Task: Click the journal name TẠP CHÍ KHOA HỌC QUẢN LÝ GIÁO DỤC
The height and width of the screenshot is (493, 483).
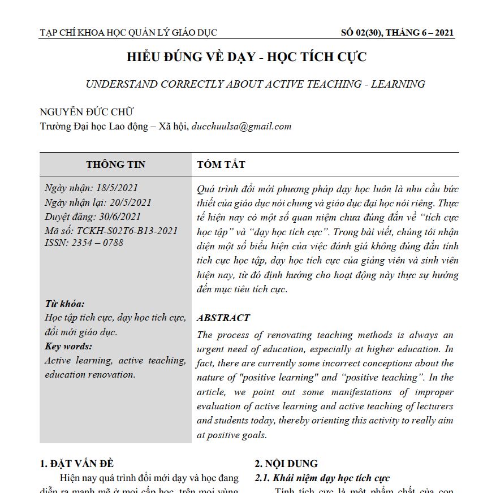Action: (x=128, y=33)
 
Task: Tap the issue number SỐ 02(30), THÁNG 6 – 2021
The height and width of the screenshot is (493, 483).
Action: (x=398, y=33)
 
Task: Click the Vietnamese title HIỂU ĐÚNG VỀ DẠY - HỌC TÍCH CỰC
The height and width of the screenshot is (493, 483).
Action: (x=246, y=57)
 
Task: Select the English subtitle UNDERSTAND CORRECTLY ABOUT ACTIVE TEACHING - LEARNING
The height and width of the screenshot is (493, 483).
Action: (x=255, y=84)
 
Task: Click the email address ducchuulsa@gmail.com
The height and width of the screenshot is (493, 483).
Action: (x=242, y=126)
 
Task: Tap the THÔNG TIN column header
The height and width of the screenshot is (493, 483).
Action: (x=115, y=165)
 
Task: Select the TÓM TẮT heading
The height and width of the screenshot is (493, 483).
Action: (x=221, y=165)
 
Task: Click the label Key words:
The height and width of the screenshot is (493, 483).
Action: (x=68, y=347)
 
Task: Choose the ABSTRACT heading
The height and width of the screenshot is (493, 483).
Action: (x=223, y=318)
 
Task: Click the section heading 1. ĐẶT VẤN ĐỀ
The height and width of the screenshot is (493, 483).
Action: (x=77, y=464)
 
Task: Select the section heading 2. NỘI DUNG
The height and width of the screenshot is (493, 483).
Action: (x=286, y=464)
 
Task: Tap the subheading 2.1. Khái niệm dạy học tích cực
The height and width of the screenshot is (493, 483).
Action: (x=322, y=478)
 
